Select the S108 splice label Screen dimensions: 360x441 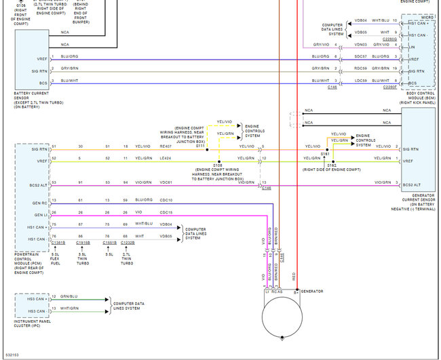(x=217, y=165)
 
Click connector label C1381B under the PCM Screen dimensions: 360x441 (x=59, y=242)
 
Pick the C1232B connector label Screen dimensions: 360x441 (x=128, y=242)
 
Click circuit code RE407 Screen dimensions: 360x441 (x=166, y=146)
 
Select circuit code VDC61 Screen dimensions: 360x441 (x=166, y=182)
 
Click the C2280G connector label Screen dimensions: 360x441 (x=389, y=39)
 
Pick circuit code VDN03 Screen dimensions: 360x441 (x=360, y=45)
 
